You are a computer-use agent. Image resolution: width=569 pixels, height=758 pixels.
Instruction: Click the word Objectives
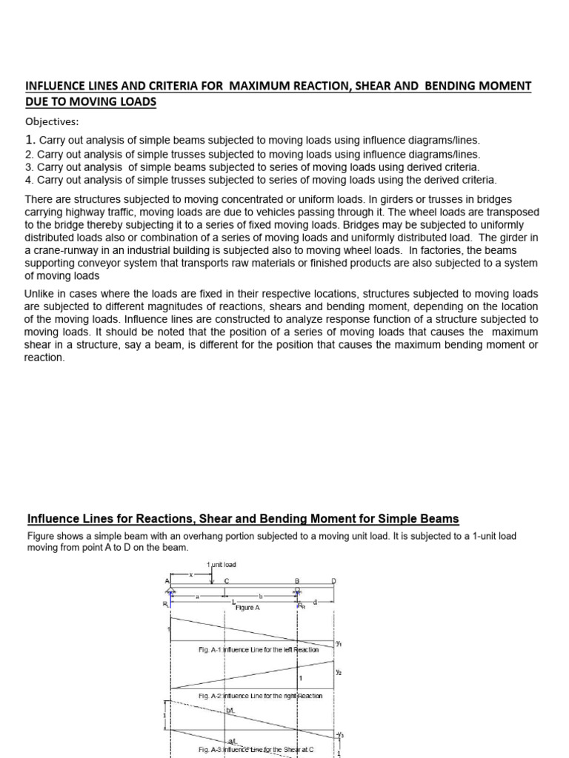pos(51,121)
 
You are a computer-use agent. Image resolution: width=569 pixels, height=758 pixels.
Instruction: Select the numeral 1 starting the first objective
pos(30,140)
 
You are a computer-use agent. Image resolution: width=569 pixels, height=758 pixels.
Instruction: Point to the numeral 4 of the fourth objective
pos(28,180)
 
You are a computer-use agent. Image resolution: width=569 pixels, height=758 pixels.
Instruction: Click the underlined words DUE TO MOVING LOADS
pos(90,102)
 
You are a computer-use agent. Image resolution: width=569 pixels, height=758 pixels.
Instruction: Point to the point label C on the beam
pos(227,581)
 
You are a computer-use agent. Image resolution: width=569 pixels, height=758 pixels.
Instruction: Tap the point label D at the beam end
pos(333,581)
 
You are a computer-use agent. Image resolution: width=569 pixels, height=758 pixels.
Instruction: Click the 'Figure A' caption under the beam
pos(247,608)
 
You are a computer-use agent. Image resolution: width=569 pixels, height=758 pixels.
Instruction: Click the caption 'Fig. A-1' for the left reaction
pos(212,649)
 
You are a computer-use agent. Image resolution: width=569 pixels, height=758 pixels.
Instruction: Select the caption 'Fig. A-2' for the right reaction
pos(212,696)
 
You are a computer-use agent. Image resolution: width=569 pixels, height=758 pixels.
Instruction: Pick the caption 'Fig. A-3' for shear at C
pos(212,750)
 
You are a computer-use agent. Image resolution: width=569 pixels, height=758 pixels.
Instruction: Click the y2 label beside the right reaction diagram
pos(338,672)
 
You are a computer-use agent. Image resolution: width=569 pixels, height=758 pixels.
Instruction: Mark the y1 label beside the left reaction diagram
pos(338,644)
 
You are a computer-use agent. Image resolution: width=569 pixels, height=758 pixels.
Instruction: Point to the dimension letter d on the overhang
pos(315,602)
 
